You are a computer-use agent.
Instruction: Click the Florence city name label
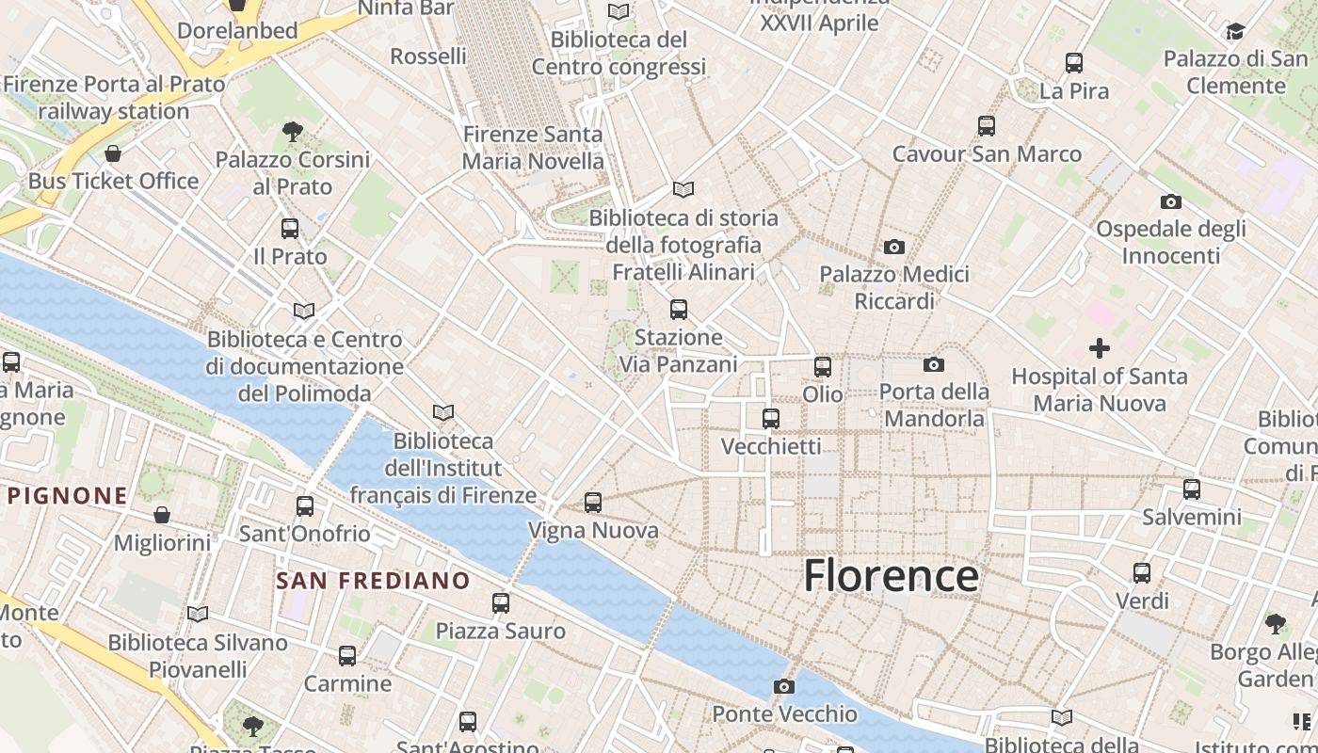pos(891,575)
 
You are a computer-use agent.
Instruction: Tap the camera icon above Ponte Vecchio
pos(783,686)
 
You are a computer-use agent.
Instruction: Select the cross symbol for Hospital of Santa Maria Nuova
pos(1099,349)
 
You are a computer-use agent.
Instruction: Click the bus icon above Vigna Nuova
pos(592,503)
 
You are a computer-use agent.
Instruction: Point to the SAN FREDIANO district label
pos(373,581)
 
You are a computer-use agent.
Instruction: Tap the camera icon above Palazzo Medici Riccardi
pos(893,248)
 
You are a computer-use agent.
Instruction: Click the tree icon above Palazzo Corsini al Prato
pos(292,132)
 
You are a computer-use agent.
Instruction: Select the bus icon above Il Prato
pos(290,229)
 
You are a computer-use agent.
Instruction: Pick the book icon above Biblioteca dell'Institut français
pos(442,412)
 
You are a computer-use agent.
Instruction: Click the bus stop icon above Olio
pos(822,367)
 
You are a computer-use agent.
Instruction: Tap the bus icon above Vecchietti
pos(771,419)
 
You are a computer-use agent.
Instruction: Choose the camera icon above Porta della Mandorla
pos(933,364)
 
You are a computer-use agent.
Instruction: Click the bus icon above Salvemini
pos(1191,489)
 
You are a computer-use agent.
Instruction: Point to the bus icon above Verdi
pos(1141,572)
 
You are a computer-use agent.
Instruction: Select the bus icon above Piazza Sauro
pos(500,603)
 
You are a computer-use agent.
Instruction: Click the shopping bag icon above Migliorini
pos(162,515)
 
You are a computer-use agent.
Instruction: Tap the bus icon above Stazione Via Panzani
pos(678,310)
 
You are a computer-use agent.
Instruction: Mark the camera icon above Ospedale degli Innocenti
pos(1170,201)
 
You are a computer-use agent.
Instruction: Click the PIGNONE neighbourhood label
pos(67,495)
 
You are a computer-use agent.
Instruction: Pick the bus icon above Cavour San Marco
pos(986,126)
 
